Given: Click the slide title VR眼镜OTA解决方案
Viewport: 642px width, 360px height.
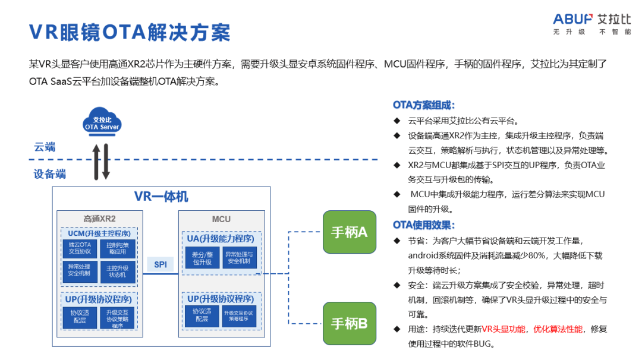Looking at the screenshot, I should [130, 32].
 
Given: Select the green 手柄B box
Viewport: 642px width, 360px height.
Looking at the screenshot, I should [349, 323].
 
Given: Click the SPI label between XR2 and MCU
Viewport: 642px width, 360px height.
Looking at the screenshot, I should [160, 264].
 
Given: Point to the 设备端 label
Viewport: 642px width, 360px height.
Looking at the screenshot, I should [50, 174].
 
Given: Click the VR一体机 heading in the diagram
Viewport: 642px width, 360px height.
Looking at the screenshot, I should [161, 197].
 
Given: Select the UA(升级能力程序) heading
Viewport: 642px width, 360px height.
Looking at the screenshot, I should [221, 238].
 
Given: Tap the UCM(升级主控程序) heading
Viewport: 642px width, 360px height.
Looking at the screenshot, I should [99, 233].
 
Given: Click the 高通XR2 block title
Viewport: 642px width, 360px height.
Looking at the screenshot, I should [99, 219].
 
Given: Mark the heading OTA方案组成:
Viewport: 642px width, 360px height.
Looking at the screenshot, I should [424, 105].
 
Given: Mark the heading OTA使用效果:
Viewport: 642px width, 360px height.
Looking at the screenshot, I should [424, 225].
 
